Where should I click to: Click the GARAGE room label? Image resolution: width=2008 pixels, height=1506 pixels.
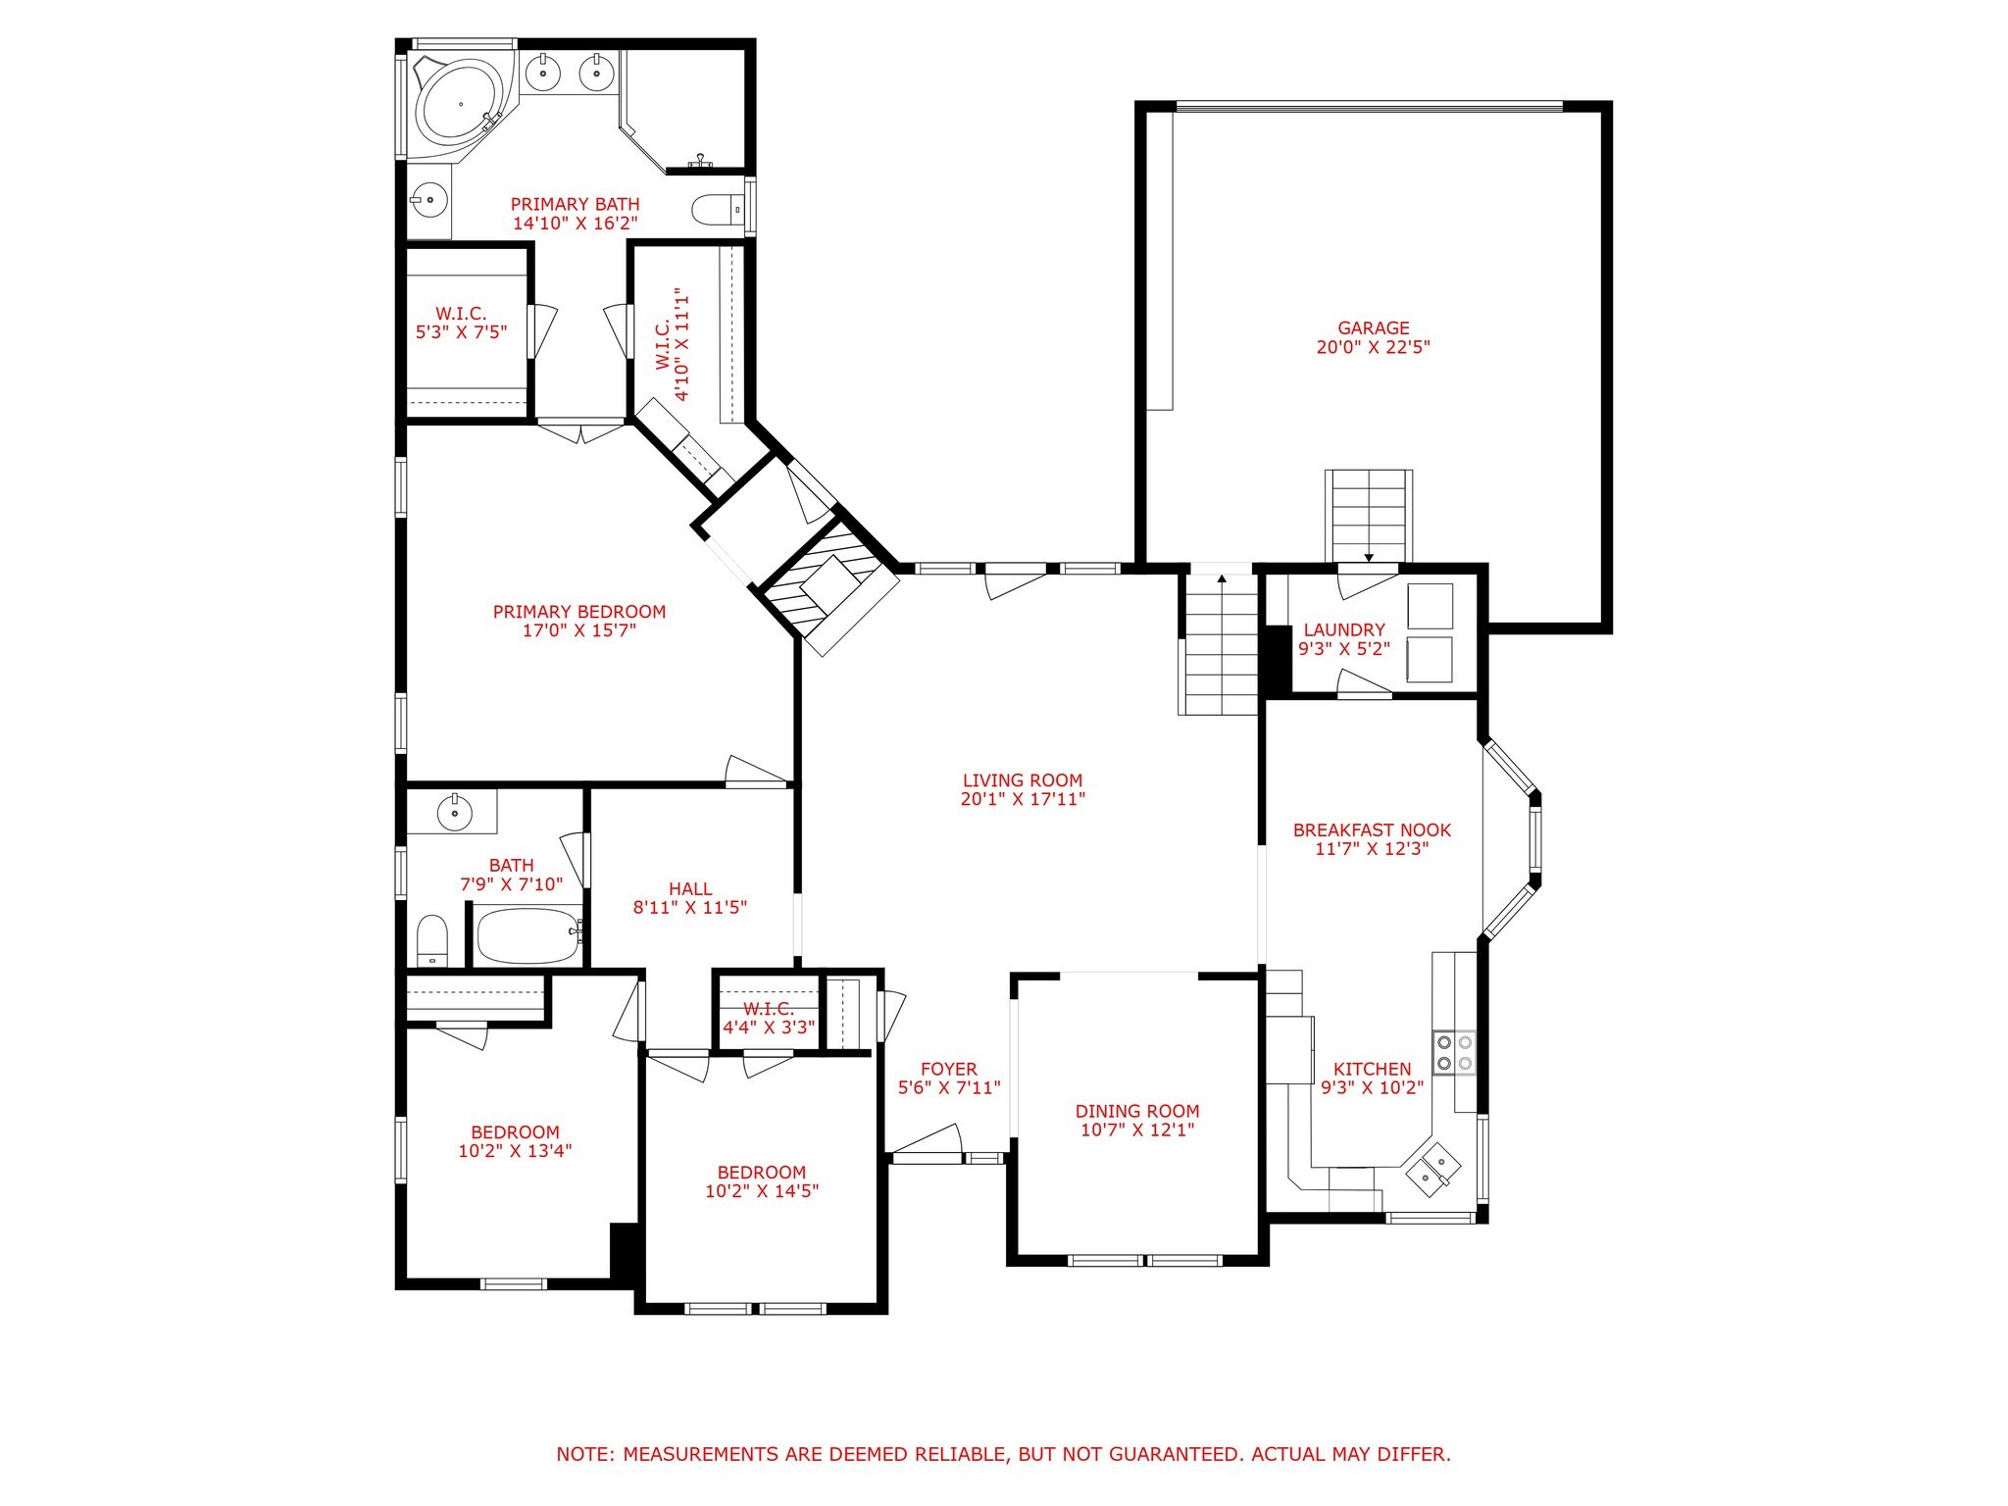coord(1374,328)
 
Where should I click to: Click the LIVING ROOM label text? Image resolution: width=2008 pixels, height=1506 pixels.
coord(1023,781)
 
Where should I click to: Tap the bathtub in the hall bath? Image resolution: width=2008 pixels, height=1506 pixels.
coord(527,936)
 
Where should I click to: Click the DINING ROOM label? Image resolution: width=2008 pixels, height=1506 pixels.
coord(1137,1112)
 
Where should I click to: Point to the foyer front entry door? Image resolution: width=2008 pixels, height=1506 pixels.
coord(926,1143)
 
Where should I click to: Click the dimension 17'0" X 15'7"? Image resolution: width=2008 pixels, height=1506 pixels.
coord(579,630)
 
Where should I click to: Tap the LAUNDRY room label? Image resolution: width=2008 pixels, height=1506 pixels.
coord(1344,629)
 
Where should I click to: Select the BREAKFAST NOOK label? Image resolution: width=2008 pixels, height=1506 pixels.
coord(1372,830)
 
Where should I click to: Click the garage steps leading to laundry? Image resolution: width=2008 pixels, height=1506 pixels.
coord(1369,516)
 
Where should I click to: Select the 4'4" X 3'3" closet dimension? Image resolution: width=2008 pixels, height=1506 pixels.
coord(769,1028)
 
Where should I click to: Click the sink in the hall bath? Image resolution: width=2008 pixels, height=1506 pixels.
coord(454,810)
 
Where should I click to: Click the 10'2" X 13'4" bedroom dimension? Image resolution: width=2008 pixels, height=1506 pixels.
coord(515,1151)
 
